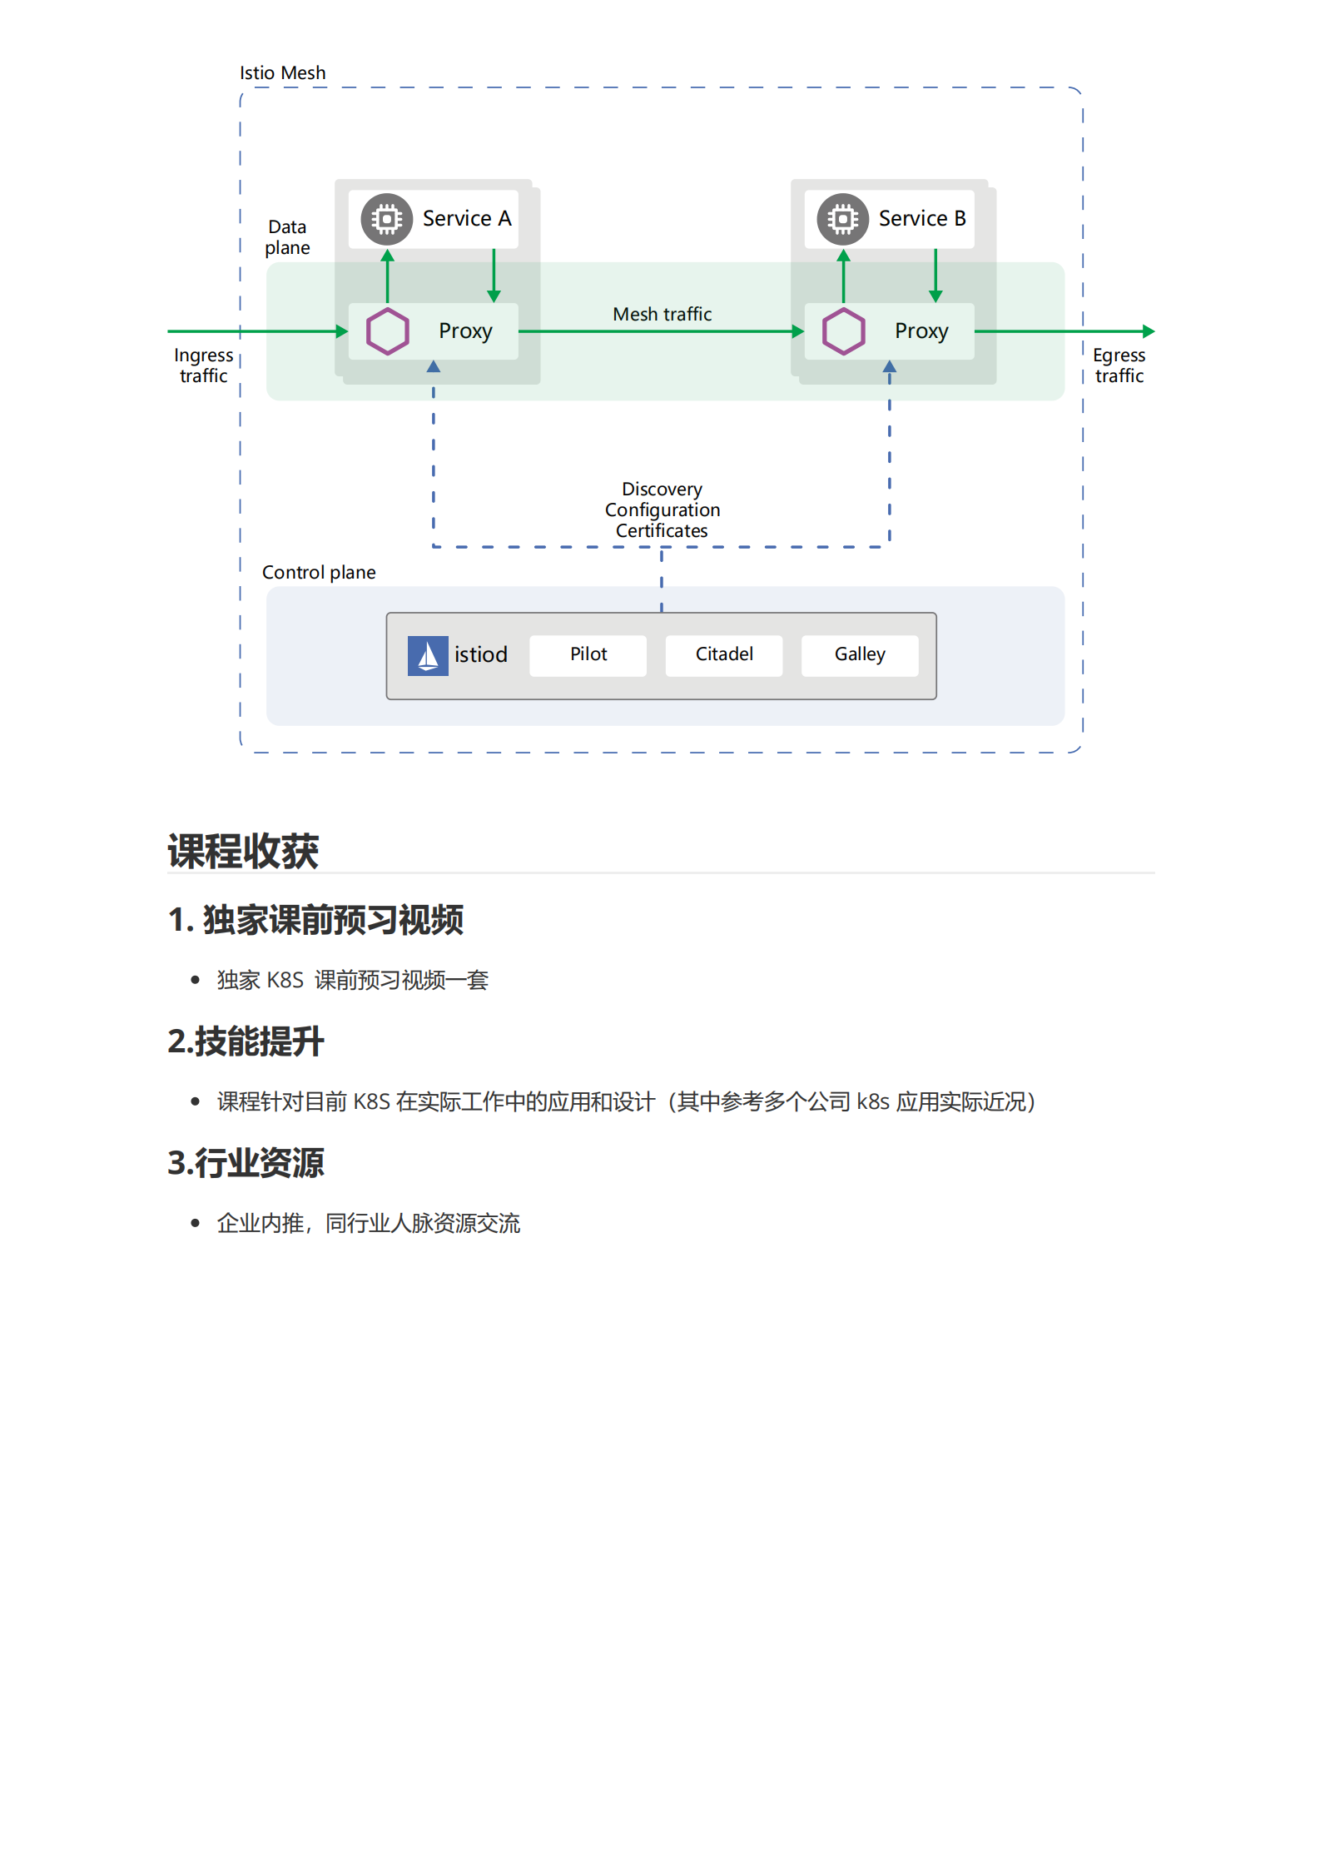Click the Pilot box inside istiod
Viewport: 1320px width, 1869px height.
pos(588,655)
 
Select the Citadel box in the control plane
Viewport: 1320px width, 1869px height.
pos(723,655)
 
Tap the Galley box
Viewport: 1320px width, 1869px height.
pos(859,655)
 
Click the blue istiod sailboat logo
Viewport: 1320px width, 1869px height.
pos(428,656)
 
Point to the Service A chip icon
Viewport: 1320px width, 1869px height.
pos(387,219)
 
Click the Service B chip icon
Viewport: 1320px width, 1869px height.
pos(842,219)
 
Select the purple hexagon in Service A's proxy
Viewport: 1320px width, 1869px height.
pos(388,331)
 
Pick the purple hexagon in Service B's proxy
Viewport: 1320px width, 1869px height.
pos(843,331)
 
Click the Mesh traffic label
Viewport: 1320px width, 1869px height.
pos(662,314)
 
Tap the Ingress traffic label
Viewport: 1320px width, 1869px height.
pos(203,365)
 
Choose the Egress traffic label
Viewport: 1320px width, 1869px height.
pos(1119,365)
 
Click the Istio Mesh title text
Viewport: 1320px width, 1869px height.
pos(282,73)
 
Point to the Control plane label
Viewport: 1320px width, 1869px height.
pos(319,573)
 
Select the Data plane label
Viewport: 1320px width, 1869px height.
pos(287,237)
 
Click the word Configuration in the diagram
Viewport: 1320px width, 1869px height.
pos(662,510)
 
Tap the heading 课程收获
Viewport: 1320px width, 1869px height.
pos(243,851)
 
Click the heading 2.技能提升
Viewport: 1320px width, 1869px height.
pos(246,1041)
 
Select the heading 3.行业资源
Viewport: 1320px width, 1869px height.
pos(246,1163)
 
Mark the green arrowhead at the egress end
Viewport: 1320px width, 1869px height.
pos(1149,331)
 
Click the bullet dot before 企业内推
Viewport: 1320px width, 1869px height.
pos(196,1223)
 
